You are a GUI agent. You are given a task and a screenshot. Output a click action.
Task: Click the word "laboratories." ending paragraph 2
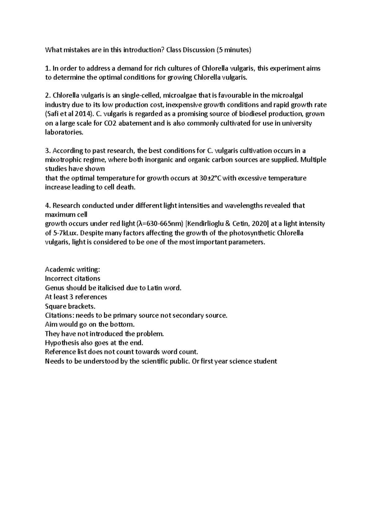(64, 132)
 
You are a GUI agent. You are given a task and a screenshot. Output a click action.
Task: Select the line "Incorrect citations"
(73, 278)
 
